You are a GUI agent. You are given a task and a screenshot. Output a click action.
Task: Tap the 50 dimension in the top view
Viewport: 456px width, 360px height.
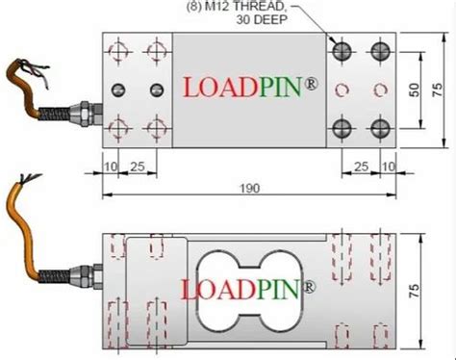pos(414,89)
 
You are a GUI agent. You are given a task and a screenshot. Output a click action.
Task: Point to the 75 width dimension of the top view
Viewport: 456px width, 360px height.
pos(437,88)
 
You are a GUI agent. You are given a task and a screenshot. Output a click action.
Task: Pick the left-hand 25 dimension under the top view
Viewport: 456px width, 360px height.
pos(138,167)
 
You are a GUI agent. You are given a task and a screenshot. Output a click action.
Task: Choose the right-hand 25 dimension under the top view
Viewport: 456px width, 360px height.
pos(362,167)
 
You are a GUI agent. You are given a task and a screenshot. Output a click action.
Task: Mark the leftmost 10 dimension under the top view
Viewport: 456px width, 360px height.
pos(111,167)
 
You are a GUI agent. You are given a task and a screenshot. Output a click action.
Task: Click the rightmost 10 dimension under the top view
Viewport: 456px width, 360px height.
pos(388,167)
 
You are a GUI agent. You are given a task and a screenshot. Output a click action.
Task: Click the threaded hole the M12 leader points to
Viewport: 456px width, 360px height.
pos(341,49)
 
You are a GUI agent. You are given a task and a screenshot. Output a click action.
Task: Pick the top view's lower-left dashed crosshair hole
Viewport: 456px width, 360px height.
pos(119,128)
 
